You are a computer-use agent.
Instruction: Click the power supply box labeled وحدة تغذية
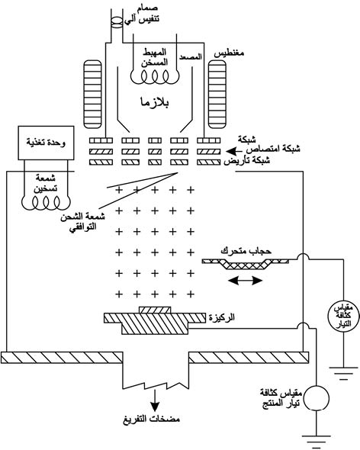(x=46, y=143)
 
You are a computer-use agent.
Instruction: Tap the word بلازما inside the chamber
(x=155, y=102)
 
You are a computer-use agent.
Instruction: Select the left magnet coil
(x=92, y=94)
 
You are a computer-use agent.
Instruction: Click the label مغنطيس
(x=229, y=53)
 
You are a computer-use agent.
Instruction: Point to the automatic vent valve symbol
(x=117, y=23)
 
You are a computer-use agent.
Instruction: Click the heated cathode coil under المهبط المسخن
(x=155, y=77)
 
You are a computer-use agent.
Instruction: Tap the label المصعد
(x=191, y=57)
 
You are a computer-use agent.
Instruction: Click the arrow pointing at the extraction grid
(x=234, y=151)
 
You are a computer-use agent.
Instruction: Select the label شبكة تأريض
(x=247, y=161)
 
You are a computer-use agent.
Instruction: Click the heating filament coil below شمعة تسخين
(x=46, y=203)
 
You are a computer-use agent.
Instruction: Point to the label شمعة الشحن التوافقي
(x=82, y=221)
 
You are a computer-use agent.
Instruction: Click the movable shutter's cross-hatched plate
(x=246, y=264)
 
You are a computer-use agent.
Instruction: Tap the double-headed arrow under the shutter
(x=246, y=281)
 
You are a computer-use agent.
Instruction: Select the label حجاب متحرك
(x=246, y=251)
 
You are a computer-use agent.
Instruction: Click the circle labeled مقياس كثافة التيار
(x=343, y=317)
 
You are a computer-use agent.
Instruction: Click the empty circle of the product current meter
(x=316, y=398)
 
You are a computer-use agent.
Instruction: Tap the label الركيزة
(x=222, y=317)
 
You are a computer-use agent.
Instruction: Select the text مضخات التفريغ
(x=152, y=419)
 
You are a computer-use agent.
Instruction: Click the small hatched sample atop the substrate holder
(x=155, y=310)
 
